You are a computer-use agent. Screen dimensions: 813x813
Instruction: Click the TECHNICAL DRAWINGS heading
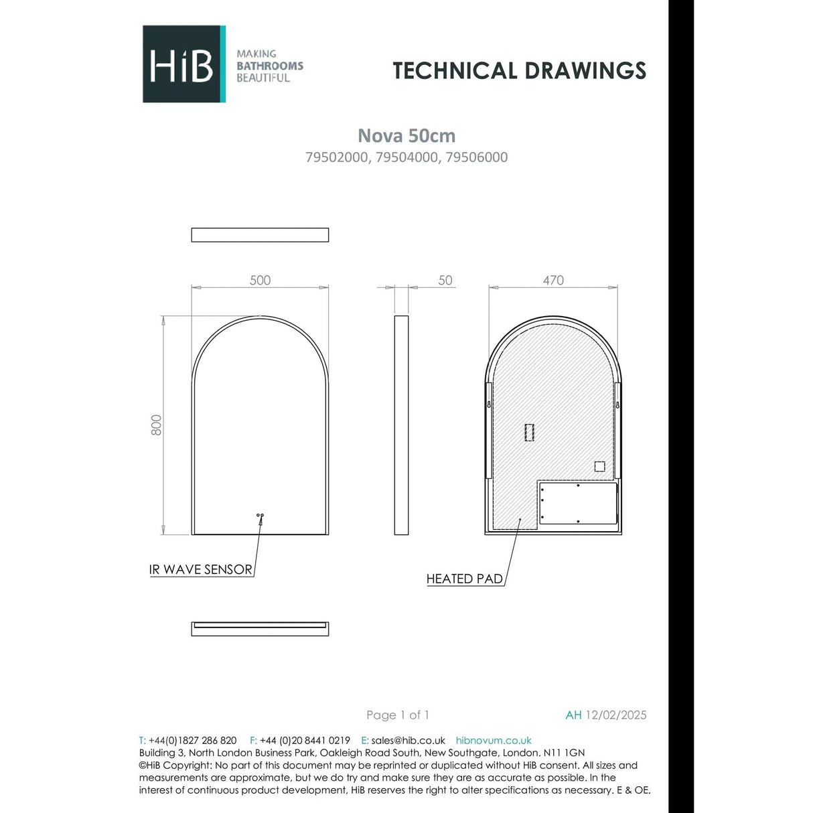tap(519, 70)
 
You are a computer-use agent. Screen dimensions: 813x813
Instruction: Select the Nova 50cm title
tap(406, 135)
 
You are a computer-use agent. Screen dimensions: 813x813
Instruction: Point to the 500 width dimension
tap(260, 281)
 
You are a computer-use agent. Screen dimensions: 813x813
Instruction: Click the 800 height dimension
tap(156, 425)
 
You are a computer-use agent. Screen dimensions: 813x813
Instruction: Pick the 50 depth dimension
tap(445, 281)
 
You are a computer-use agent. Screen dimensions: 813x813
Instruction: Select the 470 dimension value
tap(553, 281)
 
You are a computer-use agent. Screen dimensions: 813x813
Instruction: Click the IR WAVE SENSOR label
tap(201, 569)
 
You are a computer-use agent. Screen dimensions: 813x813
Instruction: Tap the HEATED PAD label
tap(465, 579)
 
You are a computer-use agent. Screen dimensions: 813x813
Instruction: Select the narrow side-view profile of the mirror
tap(401, 425)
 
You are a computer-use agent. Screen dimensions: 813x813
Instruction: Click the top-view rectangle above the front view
tap(260, 235)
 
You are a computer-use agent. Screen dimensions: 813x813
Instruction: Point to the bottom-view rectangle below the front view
tap(260, 629)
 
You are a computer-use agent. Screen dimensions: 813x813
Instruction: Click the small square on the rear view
tap(599, 467)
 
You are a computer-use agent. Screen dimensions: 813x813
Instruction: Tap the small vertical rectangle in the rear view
tap(530, 432)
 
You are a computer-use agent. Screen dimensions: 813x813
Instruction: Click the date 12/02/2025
tap(616, 715)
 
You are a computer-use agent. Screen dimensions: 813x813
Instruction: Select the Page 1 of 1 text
tap(398, 715)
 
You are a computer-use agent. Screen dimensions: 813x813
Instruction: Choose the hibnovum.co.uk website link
tap(494, 741)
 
